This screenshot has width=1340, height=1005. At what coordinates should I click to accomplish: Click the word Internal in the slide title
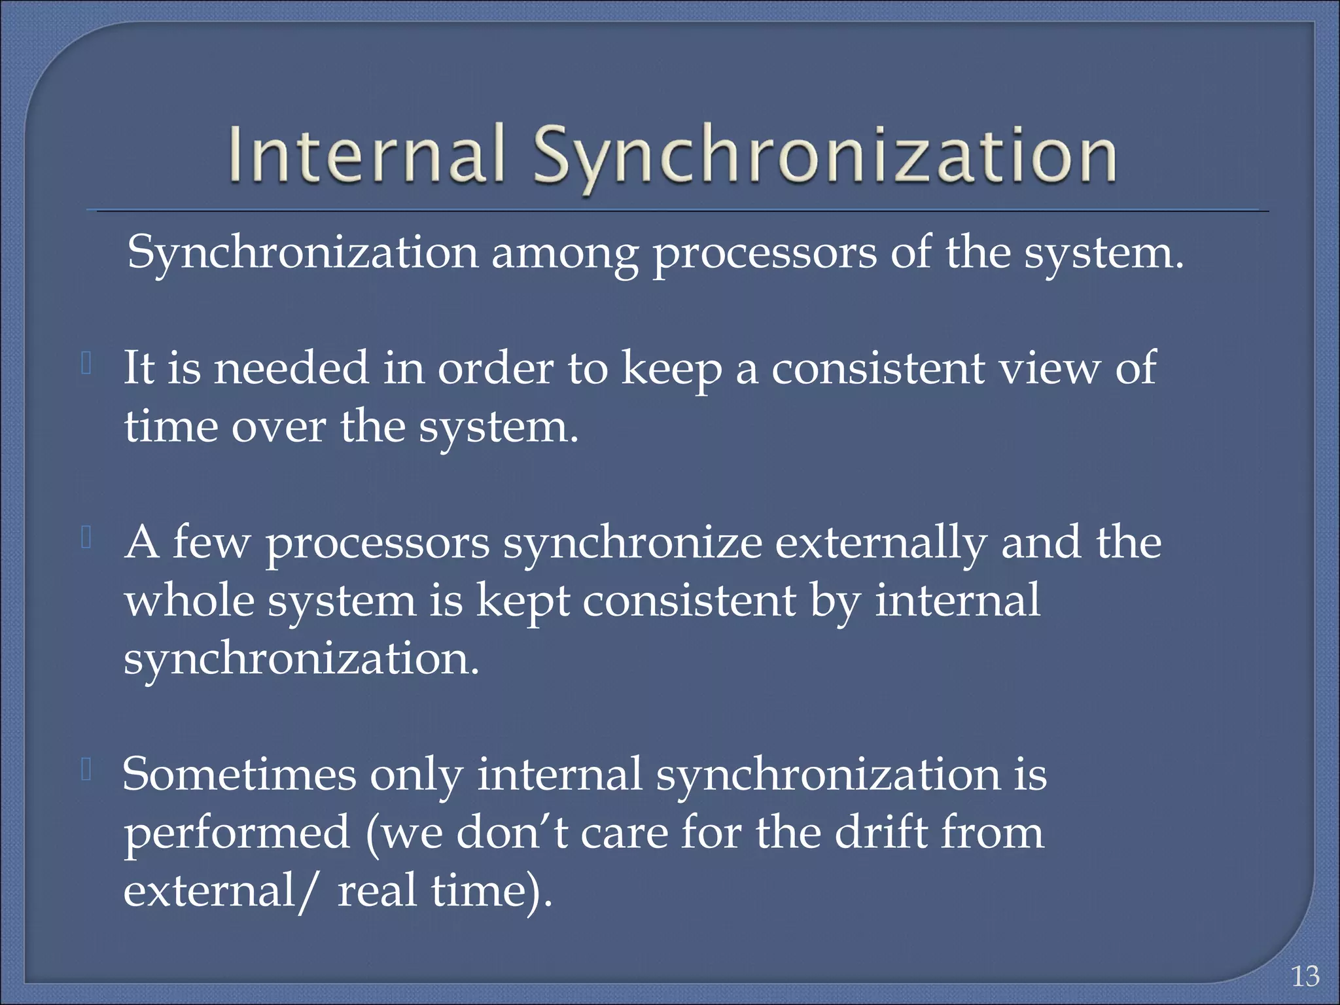coord(367,154)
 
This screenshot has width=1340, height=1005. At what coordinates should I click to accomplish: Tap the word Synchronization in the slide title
coord(824,157)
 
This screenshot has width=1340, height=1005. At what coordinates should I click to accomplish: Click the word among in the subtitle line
coord(565,254)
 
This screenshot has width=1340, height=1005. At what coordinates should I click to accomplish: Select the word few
coord(211,542)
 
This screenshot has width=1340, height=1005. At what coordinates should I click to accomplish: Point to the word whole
coord(189,600)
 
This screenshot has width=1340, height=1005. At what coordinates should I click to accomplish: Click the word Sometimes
coord(239,775)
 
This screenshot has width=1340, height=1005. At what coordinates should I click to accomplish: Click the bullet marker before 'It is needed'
coord(86,364)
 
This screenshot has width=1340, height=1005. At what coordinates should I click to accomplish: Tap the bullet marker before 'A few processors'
coord(86,538)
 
